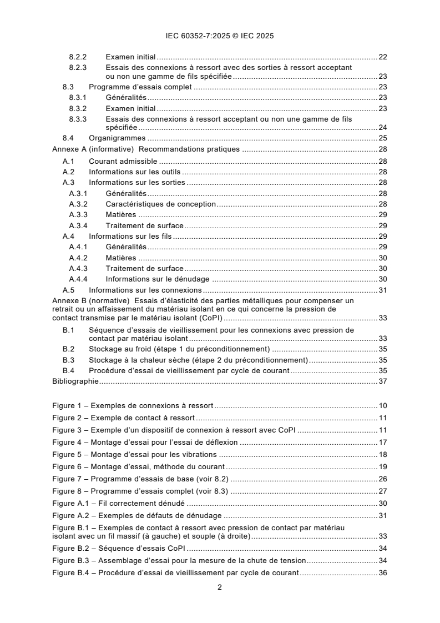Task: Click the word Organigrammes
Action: [x=117, y=138]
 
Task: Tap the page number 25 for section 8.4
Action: [x=382, y=138]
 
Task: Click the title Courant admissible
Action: [x=124, y=161]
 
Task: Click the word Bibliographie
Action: [x=75, y=381]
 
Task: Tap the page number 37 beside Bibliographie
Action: [x=382, y=381]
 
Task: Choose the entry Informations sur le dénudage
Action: [x=157, y=279]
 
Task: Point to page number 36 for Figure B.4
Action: [x=382, y=572]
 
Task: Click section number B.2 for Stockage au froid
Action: [x=68, y=349]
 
